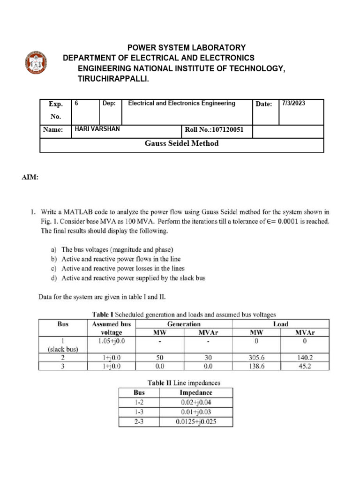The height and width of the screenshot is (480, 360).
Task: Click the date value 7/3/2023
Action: [x=293, y=104]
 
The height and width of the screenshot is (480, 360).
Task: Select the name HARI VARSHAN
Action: [x=97, y=129]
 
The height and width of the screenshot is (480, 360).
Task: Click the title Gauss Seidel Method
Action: [x=182, y=143]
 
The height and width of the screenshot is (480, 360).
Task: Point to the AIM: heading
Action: [x=30, y=178]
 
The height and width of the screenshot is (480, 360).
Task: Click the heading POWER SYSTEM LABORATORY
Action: [x=187, y=47]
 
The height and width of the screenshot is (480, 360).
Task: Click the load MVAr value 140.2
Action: [x=305, y=357]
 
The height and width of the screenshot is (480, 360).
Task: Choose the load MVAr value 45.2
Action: [x=305, y=366]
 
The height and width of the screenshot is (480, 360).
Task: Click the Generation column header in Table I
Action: [x=184, y=324]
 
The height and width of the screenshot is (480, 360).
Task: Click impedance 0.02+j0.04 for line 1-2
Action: [x=196, y=402]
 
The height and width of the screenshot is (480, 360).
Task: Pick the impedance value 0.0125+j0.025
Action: [x=196, y=421]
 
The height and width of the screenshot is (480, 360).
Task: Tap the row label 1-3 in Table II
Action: [x=139, y=412]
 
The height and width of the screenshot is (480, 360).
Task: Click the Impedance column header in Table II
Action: [x=196, y=392]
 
